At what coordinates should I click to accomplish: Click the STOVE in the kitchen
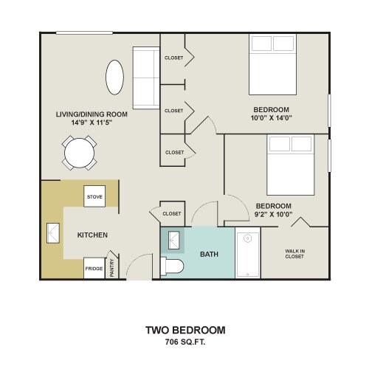point(94,196)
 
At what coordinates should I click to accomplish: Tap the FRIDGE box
point(94,268)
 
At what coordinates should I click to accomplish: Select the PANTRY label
point(112,268)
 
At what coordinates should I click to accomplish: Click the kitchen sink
point(53,233)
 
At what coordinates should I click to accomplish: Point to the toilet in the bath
point(172,266)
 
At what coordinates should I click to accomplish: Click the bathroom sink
point(174,240)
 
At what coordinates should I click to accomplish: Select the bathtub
point(248,253)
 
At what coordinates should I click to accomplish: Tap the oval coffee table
point(114,77)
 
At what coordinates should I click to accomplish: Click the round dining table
point(79,153)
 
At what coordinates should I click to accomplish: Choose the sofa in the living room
point(146,78)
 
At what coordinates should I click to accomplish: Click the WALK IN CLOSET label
point(294,254)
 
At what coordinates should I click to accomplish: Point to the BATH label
point(209,254)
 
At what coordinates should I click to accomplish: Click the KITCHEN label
point(92,235)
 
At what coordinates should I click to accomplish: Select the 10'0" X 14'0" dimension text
point(272,118)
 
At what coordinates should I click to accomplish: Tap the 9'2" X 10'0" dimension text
point(273,214)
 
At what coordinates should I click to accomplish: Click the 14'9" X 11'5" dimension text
point(92,123)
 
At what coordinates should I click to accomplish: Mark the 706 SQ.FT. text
point(185,342)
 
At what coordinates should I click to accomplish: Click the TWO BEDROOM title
point(185,330)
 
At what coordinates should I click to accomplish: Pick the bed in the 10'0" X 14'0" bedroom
point(272,64)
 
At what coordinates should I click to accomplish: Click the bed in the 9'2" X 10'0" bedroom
point(291,165)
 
